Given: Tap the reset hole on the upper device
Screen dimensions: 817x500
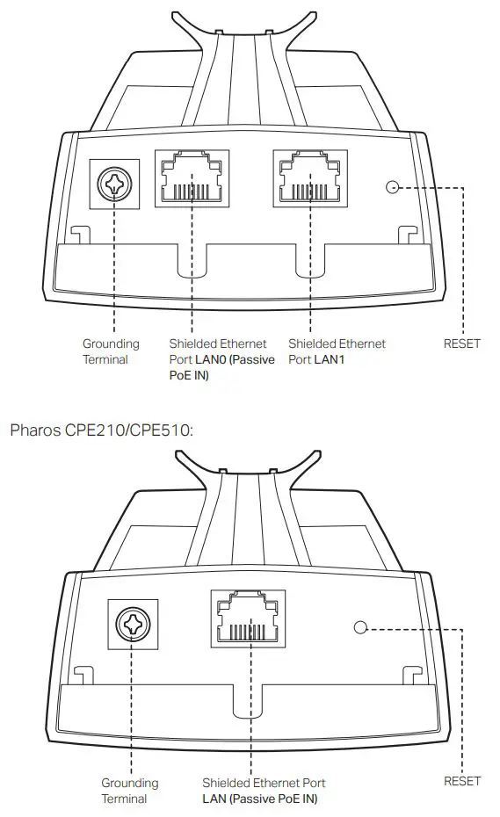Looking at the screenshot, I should point(393,187).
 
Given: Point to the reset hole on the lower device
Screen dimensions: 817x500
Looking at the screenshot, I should point(359,627).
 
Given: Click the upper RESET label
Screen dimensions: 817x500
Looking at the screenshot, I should point(462,343).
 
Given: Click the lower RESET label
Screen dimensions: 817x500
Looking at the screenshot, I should point(462,781).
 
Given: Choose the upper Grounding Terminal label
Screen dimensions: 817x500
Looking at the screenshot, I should point(111,351).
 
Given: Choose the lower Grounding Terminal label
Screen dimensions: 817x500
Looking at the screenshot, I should point(129,791).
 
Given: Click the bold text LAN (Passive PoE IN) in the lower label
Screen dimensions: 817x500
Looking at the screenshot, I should point(259,799).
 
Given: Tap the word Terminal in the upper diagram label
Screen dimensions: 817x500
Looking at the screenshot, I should point(105,359).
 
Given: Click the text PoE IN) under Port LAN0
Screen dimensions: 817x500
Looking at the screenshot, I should point(189,375).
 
